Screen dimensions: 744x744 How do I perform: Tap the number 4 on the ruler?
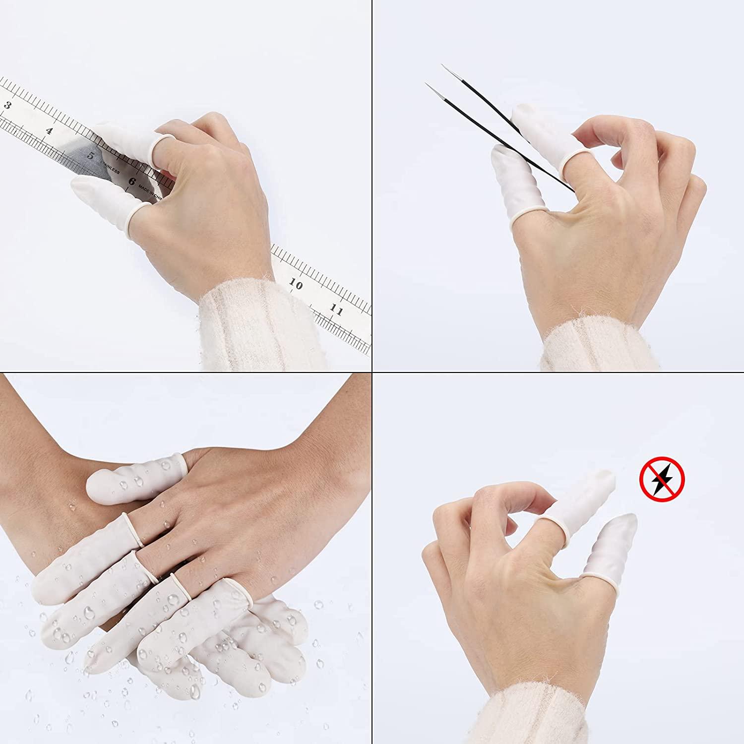(49, 131)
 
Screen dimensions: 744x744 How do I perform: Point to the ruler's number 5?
(91, 155)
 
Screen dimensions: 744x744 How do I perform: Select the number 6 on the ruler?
(131, 182)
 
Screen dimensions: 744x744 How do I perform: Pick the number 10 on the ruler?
(296, 285)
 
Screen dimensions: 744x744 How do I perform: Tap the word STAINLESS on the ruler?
(110, 167)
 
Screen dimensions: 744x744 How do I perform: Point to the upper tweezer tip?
(443, 65)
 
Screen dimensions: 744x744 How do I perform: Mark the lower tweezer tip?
(427, 84)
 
